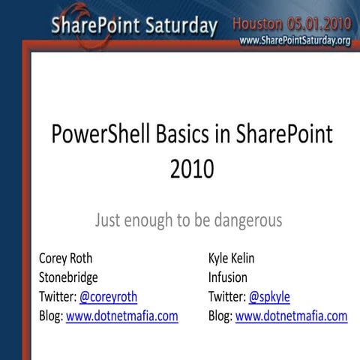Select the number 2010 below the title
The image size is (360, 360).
click(x=192, y=170)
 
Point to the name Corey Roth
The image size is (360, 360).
click(x=66, y=258)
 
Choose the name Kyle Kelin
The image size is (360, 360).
click(x=231, y=258)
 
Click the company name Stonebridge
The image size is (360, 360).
click(x=68, y=277)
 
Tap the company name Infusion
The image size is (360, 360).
click(x=228, y=277)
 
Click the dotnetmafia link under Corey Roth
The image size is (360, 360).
click(x=122, y=316)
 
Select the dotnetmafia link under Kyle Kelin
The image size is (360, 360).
click(x=291, y=316)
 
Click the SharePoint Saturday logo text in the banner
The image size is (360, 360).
click(x=134, y=26)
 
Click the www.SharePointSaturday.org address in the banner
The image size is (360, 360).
click(x=295, y=40)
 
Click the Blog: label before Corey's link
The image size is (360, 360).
click(x=51, y=316)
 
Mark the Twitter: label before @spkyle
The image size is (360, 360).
click(x=226, y=296)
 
